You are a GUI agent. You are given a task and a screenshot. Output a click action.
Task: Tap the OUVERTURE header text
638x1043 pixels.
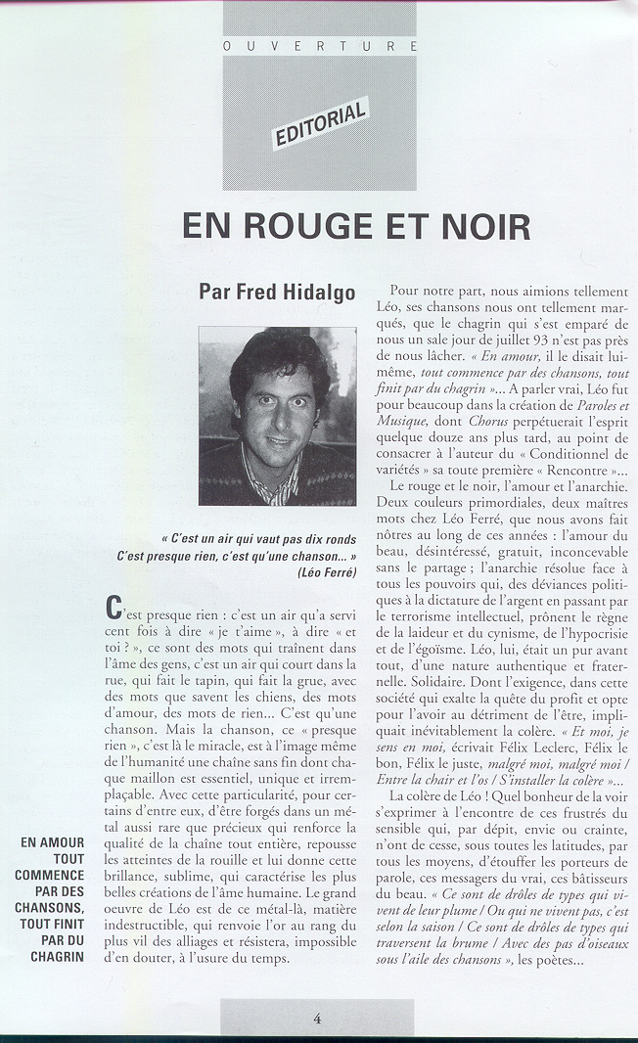point(320,46)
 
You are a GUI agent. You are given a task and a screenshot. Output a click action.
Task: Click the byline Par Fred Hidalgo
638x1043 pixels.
point(277,292)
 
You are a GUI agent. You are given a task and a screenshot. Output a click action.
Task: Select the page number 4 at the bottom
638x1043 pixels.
point(317,1018)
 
